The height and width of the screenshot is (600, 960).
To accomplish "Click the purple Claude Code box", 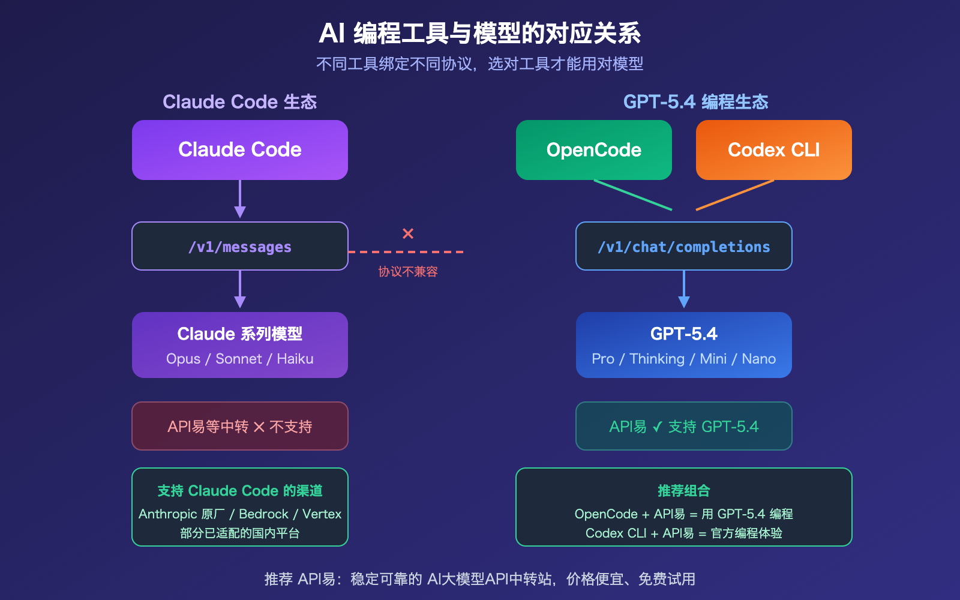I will coord(240,150).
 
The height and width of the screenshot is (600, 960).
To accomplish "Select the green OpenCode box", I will coord(594,150).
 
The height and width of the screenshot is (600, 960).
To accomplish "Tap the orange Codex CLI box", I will coord(774,150).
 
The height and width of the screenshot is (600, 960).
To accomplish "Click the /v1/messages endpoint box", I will coord(240,247).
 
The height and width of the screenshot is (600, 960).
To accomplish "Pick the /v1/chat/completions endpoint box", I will coord(684,247).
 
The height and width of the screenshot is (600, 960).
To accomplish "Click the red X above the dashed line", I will coord(408,233).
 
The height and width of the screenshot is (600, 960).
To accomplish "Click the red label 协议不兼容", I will coord(408,272).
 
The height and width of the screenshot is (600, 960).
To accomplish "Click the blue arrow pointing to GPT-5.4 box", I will coord(684,290).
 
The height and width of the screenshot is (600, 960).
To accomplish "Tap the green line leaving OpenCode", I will coord(633,195).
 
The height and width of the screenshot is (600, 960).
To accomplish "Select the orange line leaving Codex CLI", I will coord(735,195).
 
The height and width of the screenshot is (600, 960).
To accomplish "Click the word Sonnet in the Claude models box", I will coord(239,359).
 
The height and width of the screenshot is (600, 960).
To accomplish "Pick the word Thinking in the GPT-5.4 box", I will coord(657,359).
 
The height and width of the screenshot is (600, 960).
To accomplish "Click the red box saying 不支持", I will coord(240,427).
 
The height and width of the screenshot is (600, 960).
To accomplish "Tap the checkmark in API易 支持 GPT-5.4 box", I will coord(658,427).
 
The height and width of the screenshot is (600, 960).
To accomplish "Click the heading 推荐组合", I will coord(684,491).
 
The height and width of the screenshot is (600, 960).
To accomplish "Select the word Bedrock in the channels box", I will coord(263,514).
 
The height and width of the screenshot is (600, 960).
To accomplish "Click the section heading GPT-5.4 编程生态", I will coord(696,102).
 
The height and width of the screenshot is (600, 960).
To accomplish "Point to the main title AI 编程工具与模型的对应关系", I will coord(480,34).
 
